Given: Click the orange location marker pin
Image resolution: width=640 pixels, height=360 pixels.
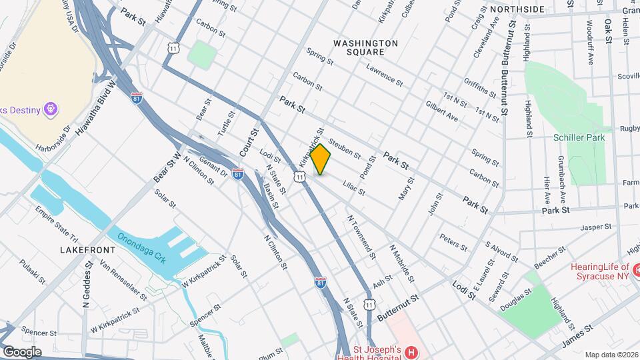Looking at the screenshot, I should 321,159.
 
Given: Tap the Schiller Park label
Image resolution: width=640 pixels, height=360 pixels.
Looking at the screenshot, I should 577,137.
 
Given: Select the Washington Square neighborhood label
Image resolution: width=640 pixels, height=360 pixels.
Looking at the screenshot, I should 365,47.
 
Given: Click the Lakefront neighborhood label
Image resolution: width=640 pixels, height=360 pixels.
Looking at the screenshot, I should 87,249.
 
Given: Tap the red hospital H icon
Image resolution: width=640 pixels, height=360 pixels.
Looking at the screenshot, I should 412,352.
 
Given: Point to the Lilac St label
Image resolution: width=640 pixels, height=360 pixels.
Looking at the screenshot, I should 353,186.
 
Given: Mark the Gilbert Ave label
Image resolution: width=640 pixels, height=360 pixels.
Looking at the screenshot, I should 441,111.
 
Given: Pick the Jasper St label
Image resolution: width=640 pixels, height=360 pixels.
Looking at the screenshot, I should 596,227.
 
